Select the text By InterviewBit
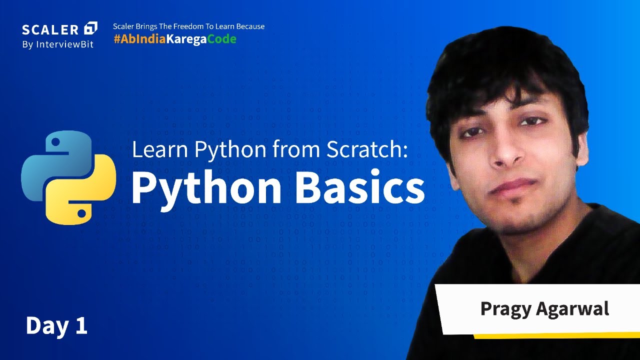tap(57, 44)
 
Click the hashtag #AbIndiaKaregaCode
tap(174, 39)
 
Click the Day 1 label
tap(56, 325)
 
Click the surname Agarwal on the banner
tap(573, 308)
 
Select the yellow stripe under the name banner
tap(555, 335)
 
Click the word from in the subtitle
tap(291, 150)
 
